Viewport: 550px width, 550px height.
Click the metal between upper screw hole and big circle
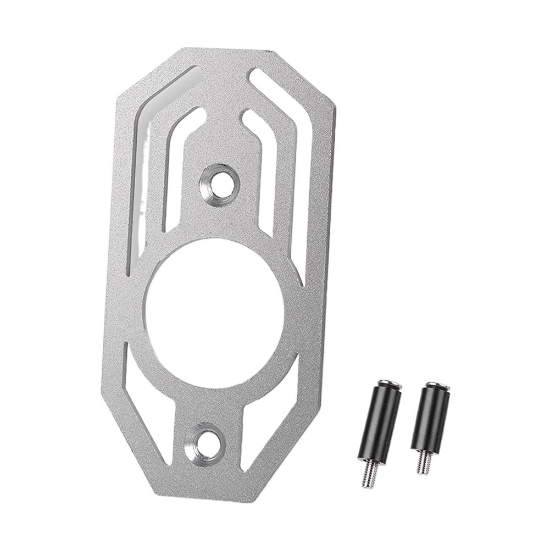coord(220,220)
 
